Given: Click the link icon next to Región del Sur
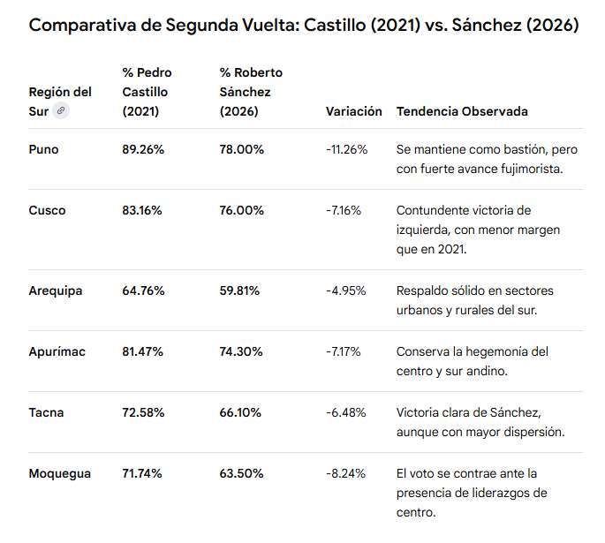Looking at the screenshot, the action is [x=61, y=111].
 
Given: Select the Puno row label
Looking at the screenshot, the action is [x=43, y=149].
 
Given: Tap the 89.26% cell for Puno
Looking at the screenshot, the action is [x=143, y=149].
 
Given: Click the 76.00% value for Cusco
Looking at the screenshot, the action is [x=241, y=210].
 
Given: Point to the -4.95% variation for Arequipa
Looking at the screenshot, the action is [x=345, y=290].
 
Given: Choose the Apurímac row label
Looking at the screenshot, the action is [x=57, y=351].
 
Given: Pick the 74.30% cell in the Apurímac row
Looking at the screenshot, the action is [x=241, y=351].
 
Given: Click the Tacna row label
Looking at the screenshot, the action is [x=46, y=412].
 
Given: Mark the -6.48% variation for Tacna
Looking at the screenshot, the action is [x=345, y=412].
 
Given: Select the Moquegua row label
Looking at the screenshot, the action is [x=60, y=474].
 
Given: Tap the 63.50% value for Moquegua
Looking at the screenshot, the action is [x=241, y=473].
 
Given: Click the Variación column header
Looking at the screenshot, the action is [x=354, y=111].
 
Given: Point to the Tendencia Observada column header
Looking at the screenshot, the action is [x=462, y=111].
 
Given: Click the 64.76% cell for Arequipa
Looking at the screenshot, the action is [x=144, y=290].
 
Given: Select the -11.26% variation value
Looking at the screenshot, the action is [x=347, y=149].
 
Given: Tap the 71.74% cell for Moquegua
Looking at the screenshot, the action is [x=142, y=473].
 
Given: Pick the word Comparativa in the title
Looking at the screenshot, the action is [x=82, y=26].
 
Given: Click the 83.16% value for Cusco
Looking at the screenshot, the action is [x=142, y=210].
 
